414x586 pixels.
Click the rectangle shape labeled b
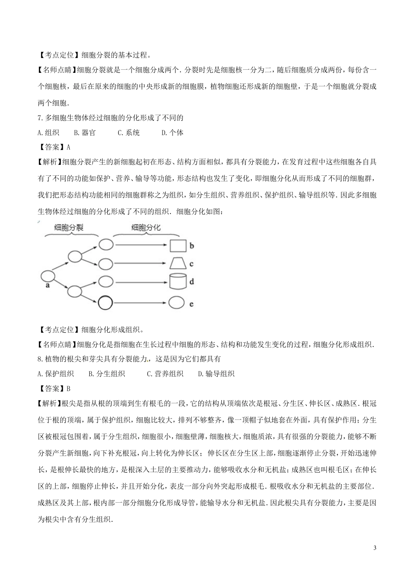coord(177,245)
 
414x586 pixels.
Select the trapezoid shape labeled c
coord(177,264)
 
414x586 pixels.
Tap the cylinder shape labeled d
coord(177,282)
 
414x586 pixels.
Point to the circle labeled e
coord(177,302)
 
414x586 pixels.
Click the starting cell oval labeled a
coord(48,276)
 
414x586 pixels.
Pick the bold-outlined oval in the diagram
coord(105,302)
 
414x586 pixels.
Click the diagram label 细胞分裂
coord(69,227)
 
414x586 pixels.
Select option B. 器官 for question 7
coord(85,133)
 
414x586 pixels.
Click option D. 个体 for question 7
coord(172,133)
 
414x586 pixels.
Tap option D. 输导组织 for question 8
coord(216,374)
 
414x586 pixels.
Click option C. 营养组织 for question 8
coord(165,374)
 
